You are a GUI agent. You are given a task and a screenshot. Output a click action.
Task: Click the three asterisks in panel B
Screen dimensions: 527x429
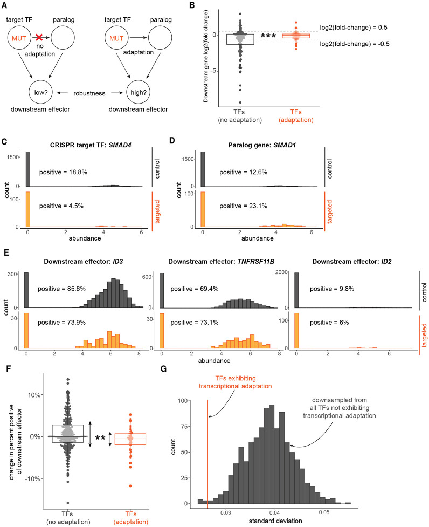pyautogui.click(x=268, y=36)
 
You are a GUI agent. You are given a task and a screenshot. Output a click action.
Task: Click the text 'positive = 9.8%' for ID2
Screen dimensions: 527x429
pyautogui.click(x=339, y=289)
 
